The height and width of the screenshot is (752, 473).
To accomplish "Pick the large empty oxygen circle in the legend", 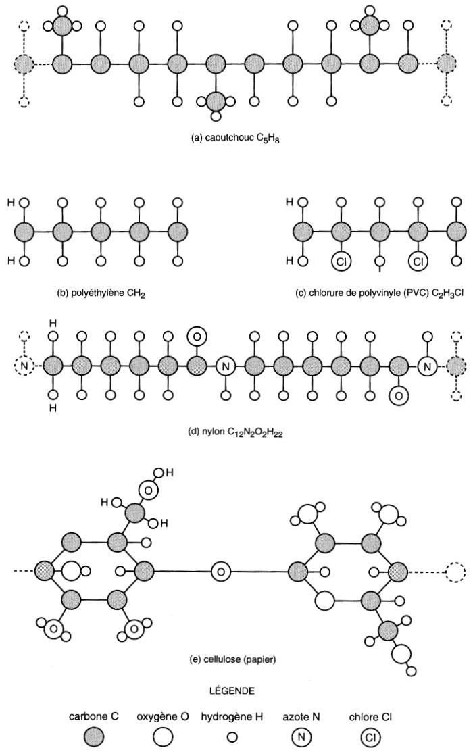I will (x=162, y=737).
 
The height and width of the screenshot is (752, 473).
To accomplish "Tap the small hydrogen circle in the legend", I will (x=232, y=738).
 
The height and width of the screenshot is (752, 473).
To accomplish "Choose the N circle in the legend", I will (x=301, y=737).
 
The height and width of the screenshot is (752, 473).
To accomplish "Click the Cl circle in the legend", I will (x=369, y=737).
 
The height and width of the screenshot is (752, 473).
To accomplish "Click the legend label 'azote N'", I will (x=299, y=716).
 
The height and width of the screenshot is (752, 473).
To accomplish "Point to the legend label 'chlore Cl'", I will (x=369, y=716).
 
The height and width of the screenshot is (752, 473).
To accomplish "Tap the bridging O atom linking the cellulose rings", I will (x=220, y=572).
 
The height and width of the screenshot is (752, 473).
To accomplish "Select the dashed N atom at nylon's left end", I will (x=23, y=367).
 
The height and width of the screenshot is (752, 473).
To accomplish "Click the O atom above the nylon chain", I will (x=197, y=335).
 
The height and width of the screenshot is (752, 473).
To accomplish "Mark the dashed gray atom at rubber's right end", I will (x=447, y=65).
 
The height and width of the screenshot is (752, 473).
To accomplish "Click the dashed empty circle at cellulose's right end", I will (x=455, y=572).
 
